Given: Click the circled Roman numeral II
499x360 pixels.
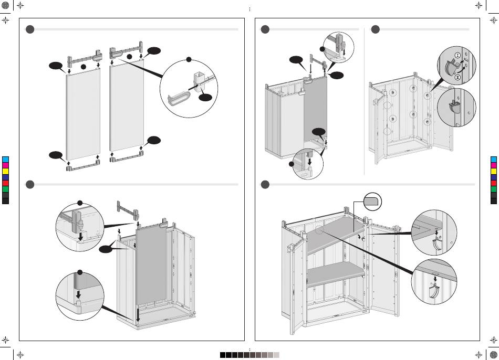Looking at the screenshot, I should pos(457,78).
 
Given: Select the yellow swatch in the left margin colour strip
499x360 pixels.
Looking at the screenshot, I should pos(5,171).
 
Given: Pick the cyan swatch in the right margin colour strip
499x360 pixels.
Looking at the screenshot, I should pos(493,159).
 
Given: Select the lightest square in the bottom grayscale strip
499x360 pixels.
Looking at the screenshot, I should pos(276,355).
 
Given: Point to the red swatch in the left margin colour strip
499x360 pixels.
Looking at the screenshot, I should pos(5,183).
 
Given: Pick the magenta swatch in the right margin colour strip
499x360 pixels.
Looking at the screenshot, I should pos(493,165).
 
